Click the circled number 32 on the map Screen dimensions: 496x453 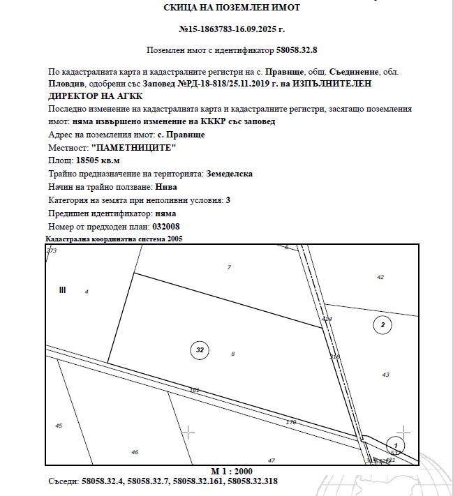(x=200, y=350)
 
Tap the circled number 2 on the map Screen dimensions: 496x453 (x=382, y=324)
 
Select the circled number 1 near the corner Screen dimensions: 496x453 (x=396, y=444)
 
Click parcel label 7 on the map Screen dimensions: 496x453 (x=229, y=267)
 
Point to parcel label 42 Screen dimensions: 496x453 (x=380, y=277)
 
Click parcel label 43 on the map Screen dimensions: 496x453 (x=385, y=375)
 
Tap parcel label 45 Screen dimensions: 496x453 (x=59, y=426)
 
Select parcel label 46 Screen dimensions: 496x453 (x=135, y=452)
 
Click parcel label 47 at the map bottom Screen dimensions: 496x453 (x=272, y=460)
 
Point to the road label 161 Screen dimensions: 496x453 (x=195, y=390)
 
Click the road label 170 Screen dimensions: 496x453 (x=291, y=422)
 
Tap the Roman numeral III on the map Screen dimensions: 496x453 (x=62, y=290)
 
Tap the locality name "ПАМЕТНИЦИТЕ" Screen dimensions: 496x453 (x=134, y=147)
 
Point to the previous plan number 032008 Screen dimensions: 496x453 (x=151, y=227)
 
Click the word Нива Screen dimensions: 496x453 (x=167, y=186)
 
